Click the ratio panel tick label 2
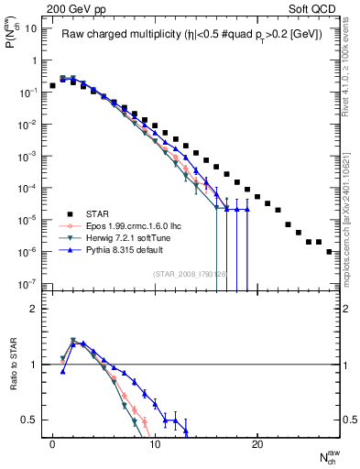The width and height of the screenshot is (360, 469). [x=32, y=310]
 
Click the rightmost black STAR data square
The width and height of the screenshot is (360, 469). [x=329, y=251]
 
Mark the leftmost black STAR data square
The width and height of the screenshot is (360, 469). [x=53, y=85]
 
